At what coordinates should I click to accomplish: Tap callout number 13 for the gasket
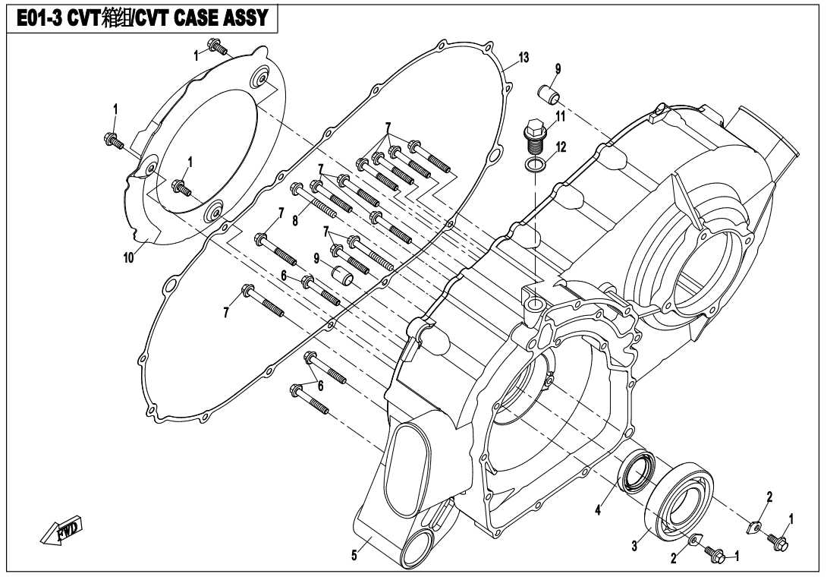pos(524,58)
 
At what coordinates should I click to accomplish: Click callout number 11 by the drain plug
pos(560,116)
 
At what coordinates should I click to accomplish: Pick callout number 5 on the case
pos(354,555)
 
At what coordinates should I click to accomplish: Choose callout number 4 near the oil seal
pos(598,510)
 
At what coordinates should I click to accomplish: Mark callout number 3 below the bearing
pos(634,547)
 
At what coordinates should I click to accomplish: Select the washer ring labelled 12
pos(534,165)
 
